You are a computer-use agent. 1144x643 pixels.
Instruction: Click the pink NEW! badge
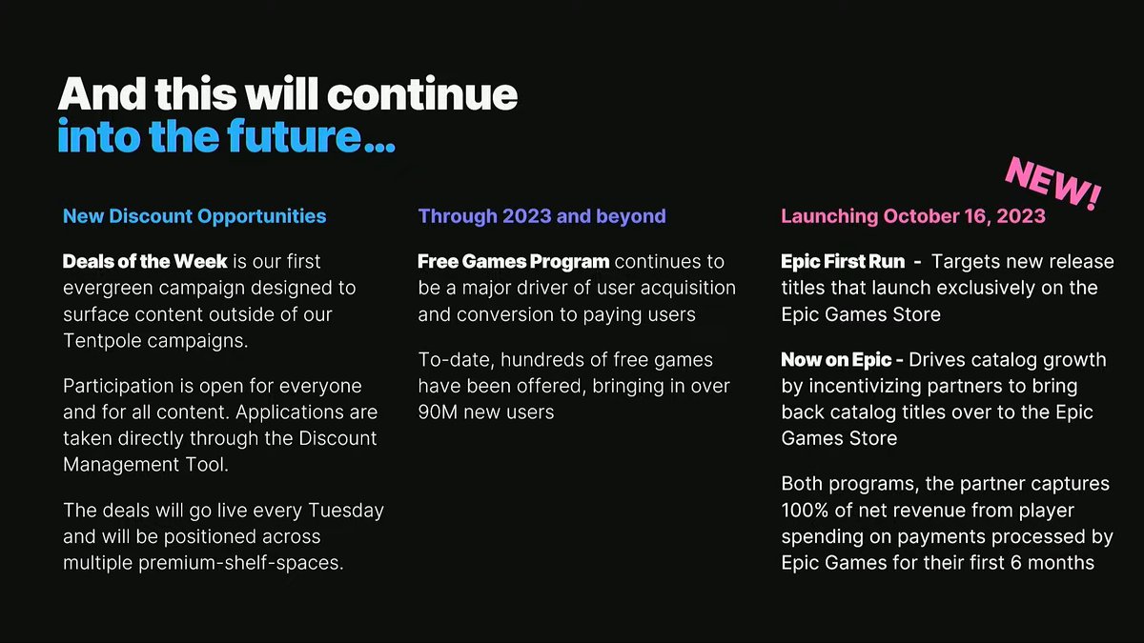(1053, 184)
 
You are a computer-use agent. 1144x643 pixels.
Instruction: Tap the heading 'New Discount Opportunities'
(194, 216)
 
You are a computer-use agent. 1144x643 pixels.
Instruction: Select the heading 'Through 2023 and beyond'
(541, 216)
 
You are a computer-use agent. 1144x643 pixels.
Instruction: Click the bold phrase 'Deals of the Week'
(145, 261)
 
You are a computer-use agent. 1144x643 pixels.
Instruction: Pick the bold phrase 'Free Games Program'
(514, 261)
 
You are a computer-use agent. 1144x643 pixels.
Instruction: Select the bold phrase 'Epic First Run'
(843, 261)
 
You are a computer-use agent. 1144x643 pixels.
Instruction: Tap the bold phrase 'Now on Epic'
(836, 360)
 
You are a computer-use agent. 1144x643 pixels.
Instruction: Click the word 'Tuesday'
(346, 511)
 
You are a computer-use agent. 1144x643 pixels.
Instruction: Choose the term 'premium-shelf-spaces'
(241, 563)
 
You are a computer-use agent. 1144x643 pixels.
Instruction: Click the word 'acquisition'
(688, 289)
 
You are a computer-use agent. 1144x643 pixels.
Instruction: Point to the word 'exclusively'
(986, 288)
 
